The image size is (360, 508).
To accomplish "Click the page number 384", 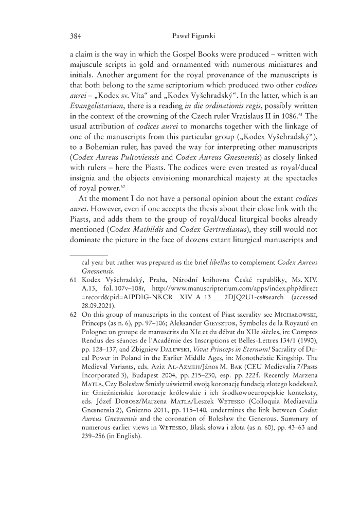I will (76, 37).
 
